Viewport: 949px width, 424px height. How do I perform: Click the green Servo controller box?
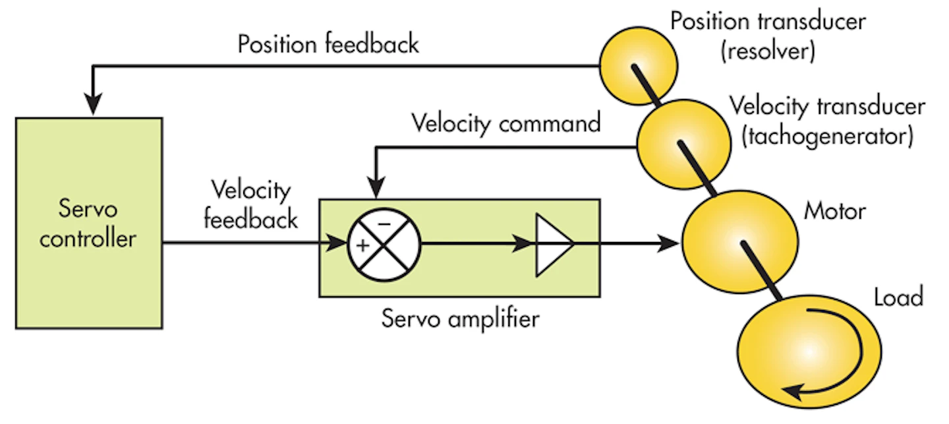click(88, 223)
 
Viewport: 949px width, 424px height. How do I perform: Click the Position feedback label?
click(328, 44)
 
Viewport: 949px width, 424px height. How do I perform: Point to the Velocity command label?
click(505, 123)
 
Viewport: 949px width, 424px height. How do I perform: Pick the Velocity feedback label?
click(250, 204)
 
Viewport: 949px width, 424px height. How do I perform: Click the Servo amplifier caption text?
click(460, 319)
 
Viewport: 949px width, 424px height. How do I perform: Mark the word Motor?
click(834, 212)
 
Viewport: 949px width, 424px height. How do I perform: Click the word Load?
click(898, 297)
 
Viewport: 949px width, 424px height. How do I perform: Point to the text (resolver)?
click(768, 51)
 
